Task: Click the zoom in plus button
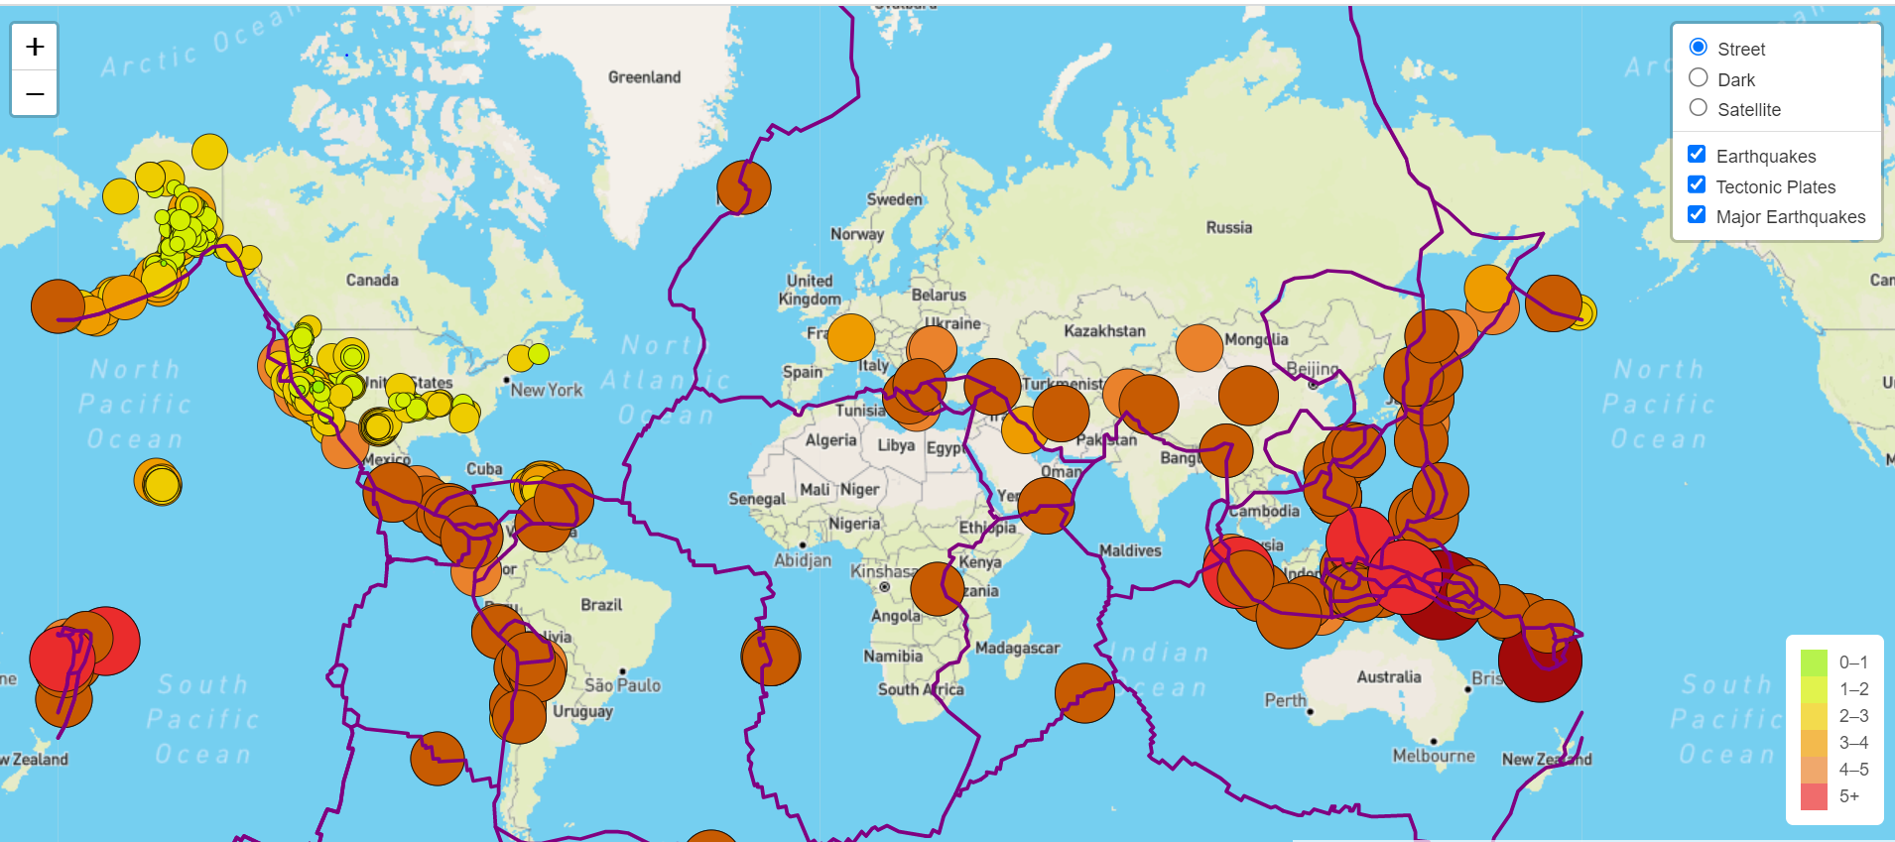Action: pos(35,47)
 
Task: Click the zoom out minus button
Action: pos(35,94)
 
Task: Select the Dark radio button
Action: pos(1699,78)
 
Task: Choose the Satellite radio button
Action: pos(1699,108)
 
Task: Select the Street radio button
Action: pos(1699,48)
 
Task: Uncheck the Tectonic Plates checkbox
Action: pos(1697,185)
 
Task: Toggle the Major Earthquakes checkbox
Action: pos(1697,215)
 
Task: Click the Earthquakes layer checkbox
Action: pos(1697,155)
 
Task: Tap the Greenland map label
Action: pos(644,77)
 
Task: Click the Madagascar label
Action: pos(1017,648)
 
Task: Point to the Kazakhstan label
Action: pos(1104,331)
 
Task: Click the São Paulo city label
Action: pos(622,685)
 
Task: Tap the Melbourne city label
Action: pos(1433,756)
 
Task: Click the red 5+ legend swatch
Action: pos(1814,796)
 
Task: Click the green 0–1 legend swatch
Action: pos(1814,662)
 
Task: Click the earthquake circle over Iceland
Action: pos(744,186)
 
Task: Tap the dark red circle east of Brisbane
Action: pos(1540,662)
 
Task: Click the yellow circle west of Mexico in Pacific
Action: pos(159,483)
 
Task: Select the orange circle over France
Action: pos(850,337)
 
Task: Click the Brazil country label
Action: pos(601,605)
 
